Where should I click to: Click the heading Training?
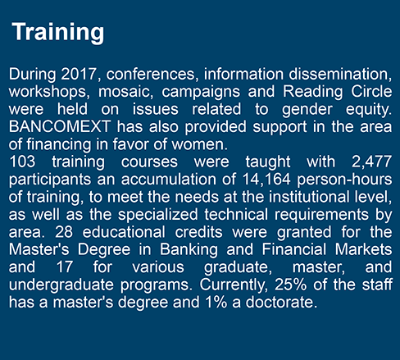[x=58, y=33]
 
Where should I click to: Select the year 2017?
[x=79, y=74]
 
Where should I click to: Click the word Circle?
[x=371, y=91]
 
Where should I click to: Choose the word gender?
[x=307, y=110]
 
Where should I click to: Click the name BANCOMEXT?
[x=60, y=126]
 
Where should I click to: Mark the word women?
[x=199, y=144]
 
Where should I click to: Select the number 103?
[x=22, y=162]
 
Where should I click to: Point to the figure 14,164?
[x=266, y=180]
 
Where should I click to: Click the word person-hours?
[x=344, y=180]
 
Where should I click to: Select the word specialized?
[x=158, y=215]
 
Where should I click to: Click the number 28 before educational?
[x=64, y=232]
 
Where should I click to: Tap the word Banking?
[x=189, y=250]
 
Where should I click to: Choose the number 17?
[x=65, y=267]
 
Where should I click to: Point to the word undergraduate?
[x=61, y=285]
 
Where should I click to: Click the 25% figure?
[x=291, y=285]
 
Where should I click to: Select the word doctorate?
[x=281, y=303]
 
